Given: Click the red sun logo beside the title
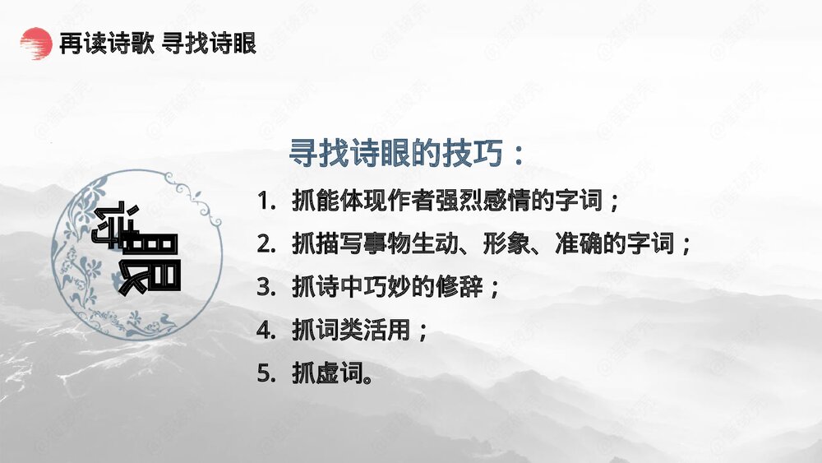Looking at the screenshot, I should pos(35,43).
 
